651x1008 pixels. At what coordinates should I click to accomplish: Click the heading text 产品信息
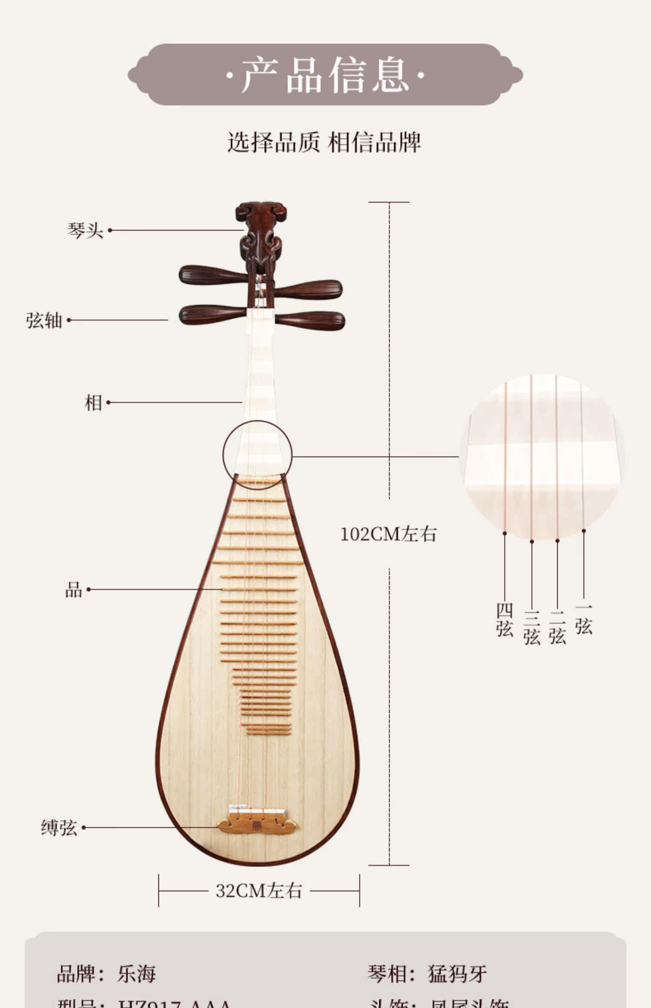point(325,75)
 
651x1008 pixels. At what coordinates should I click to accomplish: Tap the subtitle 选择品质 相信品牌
point(324,142)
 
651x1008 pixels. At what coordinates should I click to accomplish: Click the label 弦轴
point(44,320)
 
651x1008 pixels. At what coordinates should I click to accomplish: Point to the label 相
point(93,403)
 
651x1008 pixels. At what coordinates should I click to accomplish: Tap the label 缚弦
point(59,828)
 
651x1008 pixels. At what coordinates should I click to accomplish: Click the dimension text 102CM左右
point(388,534)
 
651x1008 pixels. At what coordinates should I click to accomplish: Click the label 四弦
point(505,620)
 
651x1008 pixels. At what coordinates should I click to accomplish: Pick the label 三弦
point(532,628)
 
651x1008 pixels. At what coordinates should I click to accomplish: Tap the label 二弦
point(558,628)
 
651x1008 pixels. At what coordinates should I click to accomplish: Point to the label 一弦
point(584,620)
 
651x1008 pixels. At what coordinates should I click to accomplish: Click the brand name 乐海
point(136,974)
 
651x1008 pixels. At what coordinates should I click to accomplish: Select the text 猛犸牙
point(457,974)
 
